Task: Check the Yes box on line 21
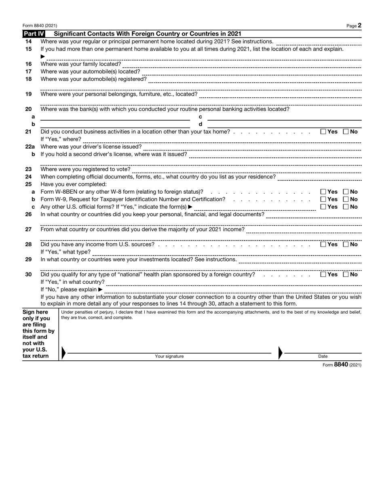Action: point(323,132)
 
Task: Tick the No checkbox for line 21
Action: point(346,132)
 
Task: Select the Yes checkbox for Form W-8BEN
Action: point(323,192)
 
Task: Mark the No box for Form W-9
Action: point(346,199)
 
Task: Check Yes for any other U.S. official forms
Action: point(323,207)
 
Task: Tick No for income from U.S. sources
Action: point(346,244)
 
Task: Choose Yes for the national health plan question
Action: point(323,274)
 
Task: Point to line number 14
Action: point(28,42)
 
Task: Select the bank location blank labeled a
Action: point(115,118)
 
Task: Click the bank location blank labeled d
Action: point(285,126)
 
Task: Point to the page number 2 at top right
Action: point(359,25)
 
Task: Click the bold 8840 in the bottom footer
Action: point(341,364)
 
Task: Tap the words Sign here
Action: point(35,312)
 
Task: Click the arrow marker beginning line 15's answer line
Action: point(43,57)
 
